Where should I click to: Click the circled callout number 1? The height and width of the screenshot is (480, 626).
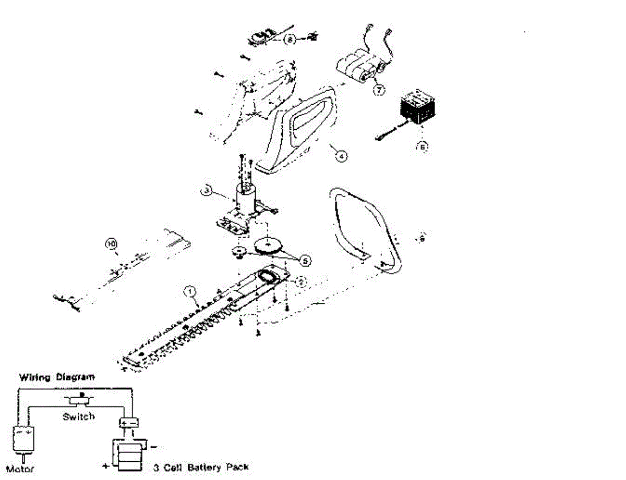(x=191, y=290)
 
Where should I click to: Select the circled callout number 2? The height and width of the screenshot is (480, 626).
(x=300, y=281)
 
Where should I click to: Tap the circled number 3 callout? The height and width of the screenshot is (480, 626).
(x=207, y=192)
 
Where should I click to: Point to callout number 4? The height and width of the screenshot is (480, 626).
(x=340, y=155)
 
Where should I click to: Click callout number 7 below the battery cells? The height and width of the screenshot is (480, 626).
(x=379, y=89)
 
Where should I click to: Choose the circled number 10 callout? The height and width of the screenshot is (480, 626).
(x=110, y=243)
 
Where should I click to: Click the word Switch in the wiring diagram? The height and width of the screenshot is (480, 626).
(x=78, y=416)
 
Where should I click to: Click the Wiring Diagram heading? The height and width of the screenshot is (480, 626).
(x=57, y=377)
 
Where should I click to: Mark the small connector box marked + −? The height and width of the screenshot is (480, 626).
(x=128, y=423)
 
